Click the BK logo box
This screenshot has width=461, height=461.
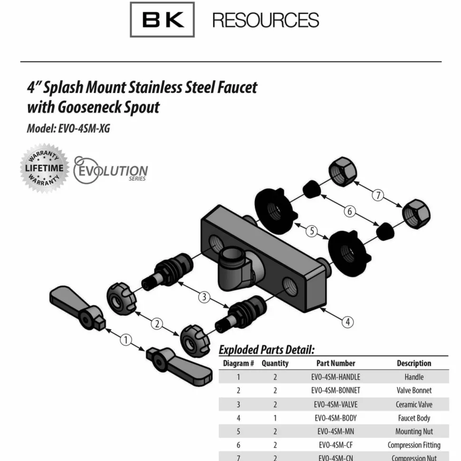click(x=162, y=19)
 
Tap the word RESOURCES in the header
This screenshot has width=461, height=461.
click(x=266, y=20)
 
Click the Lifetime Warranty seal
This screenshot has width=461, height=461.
click(x=44, y=168)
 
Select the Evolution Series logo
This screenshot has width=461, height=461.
click(x=110, y=170)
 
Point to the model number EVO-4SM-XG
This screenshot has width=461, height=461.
click(x=84, y=128)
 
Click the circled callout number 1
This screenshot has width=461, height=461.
click(x=126, y=340)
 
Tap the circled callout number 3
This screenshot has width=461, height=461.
click(x=204, y=297)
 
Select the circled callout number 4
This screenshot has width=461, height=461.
click(x=347, y=322)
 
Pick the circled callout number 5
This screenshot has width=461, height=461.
click(x=312, y=231)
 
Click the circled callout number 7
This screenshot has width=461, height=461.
click(x=378, y=195)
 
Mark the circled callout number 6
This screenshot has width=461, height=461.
click(x=350, y=211)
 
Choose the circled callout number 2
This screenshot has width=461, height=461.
click(x=157, y=324)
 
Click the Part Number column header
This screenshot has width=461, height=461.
click(x=336, y=364)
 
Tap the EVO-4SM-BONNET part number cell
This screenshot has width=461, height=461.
click(x=336, y=391)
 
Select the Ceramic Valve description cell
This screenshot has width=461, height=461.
click(x=414, y=404)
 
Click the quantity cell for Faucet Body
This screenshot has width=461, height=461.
click(x=275, y=418)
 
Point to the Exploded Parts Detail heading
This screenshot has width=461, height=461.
click(x=267, y=350)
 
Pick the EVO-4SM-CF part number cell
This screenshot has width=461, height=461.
click(x=336, y=445)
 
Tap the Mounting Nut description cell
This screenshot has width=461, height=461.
click(x=414, y=432)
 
